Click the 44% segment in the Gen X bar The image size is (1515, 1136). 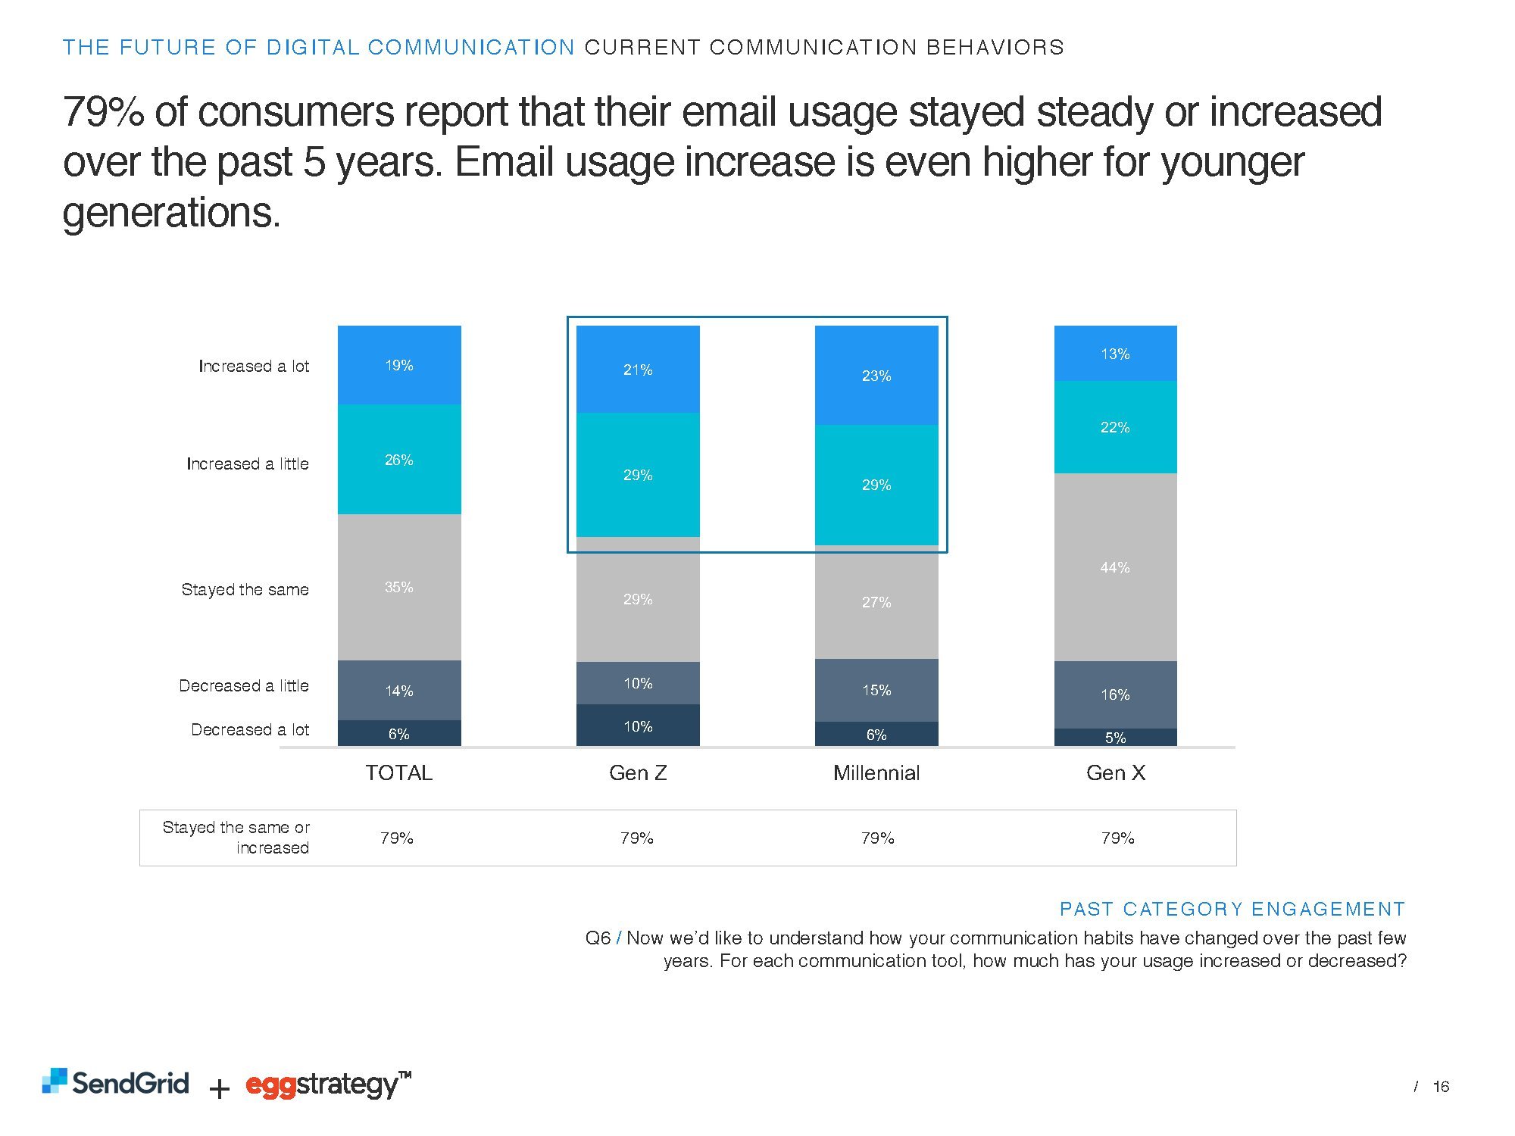click(1115, 566)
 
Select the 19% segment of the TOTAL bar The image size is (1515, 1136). click(399, 365)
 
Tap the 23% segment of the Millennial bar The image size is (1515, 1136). click(876, 376)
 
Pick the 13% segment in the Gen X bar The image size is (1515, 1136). click(1115, 354)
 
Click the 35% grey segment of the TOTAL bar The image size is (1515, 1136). click(399, 587)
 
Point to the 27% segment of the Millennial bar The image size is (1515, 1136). click(876, 602)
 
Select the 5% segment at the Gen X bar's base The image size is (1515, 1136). click(1115, 738)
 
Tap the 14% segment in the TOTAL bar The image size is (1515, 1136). click(399, 690)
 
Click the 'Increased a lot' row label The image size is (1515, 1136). click(254, 367)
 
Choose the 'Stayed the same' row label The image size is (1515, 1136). click(245, 589)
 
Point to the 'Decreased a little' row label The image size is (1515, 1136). click(244, 685)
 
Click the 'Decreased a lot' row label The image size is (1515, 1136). click(250, 729)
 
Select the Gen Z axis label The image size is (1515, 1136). click(638, 772)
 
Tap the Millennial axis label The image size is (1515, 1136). click(876, 772)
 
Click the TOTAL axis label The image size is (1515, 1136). click(399, 772)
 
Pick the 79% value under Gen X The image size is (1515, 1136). click(1117, 838)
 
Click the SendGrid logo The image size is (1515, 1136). click(116, 1082)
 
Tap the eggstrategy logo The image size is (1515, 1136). click(327, 1085)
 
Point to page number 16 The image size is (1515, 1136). click(1441, 1087)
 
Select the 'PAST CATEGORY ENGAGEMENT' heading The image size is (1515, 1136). click(1232, 909)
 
